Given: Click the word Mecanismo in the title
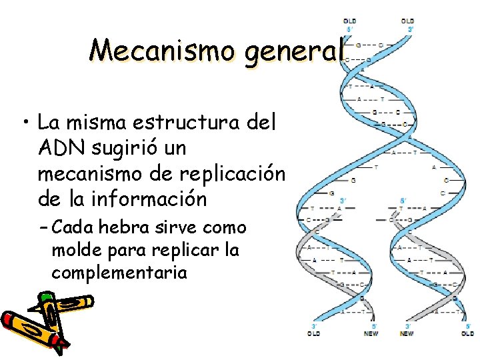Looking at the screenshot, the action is (x=163, y=49).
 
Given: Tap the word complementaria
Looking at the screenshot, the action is (x=119, y=273).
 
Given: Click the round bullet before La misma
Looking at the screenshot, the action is (x=25, y=123).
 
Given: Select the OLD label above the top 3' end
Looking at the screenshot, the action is (x=407, y=21).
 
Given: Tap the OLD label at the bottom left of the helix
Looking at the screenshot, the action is (x=314, y=333).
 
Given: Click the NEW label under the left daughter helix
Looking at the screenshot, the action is (x=371, y=333).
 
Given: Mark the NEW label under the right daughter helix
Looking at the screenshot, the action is (x=407, y=333).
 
